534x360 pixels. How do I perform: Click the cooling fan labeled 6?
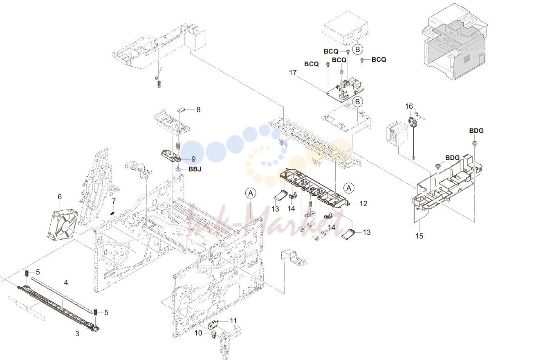tap(63, 224)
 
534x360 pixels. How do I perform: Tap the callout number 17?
tap(293, 73)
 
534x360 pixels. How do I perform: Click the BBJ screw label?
tap(195, 169)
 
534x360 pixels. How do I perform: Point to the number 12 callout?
tap(363, 203)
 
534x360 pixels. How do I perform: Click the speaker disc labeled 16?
tap(413, 122)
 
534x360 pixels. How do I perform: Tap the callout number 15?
tap(419, 236)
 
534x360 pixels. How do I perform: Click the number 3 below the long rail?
tap(77, 334)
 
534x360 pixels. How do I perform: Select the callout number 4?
tap(66, 283)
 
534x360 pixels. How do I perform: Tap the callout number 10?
tap(198, 333)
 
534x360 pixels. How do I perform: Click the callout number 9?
tap(193, 159)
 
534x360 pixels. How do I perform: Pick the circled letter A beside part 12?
tap(349, 188)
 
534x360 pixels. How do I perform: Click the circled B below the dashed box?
tap(357, 49)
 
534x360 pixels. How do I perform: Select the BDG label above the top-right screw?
tap(476, 131)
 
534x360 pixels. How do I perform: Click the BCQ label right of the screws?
tap(379, 59)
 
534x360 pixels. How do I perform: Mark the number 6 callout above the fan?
tap(60, 197)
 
